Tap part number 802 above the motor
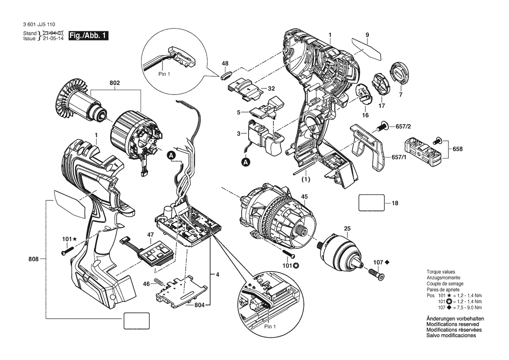coord(115,83)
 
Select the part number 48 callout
coord(225,64)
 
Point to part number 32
coord(271,88)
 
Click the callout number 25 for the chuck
coord(347,228)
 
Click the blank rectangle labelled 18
coord(371,203)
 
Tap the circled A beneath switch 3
coord(246,162)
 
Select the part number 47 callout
coord(150,235)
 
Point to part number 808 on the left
coord(34,259)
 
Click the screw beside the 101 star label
coord(66,251)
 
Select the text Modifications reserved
coord(452,324)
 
